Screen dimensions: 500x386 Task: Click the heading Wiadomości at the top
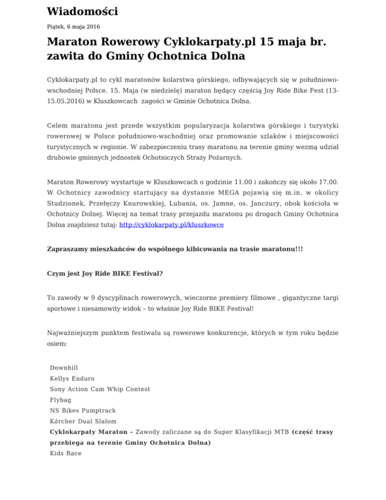pyautogui.click(x=82, y=11)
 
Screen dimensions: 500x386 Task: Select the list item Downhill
pyautogui.click(x=64, y=368)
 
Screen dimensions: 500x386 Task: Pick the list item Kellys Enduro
pyautogui.click(x=72, y=378)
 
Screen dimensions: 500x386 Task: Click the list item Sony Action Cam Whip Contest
pyautogui.click(x=100, y=389)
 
